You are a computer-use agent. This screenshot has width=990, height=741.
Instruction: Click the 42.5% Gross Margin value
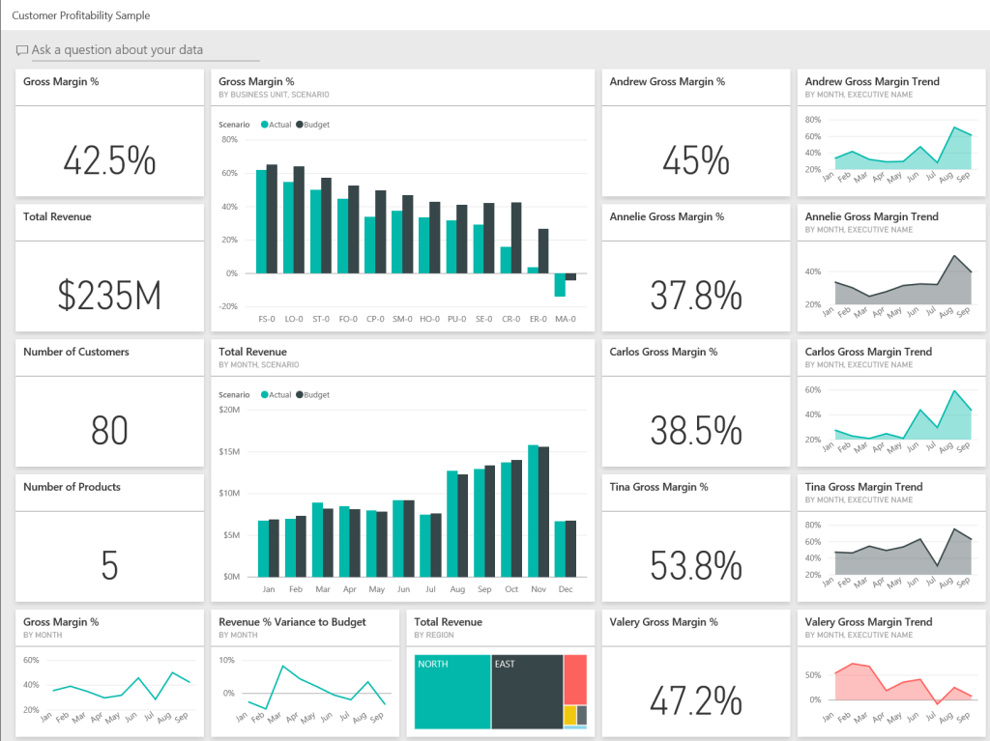tap(109, 160)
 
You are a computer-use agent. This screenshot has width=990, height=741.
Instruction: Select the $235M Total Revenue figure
tap(109, 296)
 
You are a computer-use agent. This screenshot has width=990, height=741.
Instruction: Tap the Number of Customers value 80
tap(109, 431)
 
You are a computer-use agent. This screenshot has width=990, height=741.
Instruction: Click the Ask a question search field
tap(135, 50)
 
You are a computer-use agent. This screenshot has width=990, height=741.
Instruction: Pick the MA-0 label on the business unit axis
tap(565, 319)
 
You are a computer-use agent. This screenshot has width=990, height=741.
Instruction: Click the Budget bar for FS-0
tap(272, 219)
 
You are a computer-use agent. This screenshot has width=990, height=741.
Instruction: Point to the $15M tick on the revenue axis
tap(229, 451)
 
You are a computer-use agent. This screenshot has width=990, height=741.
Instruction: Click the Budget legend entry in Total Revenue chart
tap(313, 395)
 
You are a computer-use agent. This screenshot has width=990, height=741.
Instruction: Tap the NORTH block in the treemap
tap(451, 692)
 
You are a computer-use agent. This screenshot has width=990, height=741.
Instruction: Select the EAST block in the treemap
tap(527, 692)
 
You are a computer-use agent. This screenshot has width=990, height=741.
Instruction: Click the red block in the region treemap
tap(575, 679)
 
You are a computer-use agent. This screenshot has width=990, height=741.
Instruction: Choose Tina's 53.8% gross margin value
tap(696, 566)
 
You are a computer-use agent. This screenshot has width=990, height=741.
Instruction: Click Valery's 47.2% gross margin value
tap(696, 701)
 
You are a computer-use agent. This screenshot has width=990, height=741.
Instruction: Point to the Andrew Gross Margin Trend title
tap(872, 82)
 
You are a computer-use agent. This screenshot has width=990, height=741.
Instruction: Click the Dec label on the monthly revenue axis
tap(566, 589)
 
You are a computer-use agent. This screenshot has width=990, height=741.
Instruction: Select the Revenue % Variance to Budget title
tap(292, 622)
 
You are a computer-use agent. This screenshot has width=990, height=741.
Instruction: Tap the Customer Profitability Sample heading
tap(81, 16)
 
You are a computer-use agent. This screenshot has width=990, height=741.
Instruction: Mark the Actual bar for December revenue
tap(560, 549)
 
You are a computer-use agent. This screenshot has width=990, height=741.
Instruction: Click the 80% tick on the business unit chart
tap(230, 139)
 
